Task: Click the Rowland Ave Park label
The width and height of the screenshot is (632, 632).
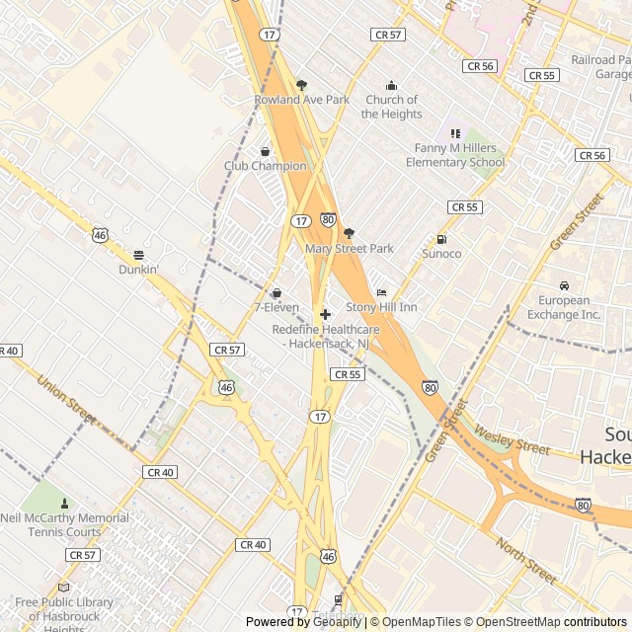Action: click(x=302, y=100)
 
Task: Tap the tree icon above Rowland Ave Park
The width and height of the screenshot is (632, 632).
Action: click(x=302, y=85)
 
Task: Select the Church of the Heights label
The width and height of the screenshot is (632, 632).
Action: click(x=392, y=107)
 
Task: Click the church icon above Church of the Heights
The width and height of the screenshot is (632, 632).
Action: click(x=392, y=85)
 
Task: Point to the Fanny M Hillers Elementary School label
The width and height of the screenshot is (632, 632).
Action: click(x=459, y=155)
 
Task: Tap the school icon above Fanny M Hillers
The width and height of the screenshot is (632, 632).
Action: click(x=455, y=133)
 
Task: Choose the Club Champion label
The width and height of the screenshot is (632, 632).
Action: click(x=266, y=166)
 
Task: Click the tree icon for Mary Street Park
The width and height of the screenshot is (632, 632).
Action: click(x=349, y=234)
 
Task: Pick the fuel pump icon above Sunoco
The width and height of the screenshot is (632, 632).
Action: click(x=441, y=239)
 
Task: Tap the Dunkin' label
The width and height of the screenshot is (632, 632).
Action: click(x=139, y=270)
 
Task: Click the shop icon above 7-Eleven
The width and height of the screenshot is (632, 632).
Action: click(x=276, y=293)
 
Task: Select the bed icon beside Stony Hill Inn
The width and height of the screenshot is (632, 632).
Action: click(x=382, y=293)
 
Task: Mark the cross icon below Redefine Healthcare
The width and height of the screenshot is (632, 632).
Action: click(x=325, y=314)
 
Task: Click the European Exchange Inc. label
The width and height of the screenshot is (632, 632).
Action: click(x=564, y=307)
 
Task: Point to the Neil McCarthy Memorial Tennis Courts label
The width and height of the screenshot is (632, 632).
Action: click(x=65, y=524)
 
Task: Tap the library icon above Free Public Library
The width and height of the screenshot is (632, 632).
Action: click(x=65, y=587)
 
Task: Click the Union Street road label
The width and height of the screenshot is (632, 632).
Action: click(x=67, y=399)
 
